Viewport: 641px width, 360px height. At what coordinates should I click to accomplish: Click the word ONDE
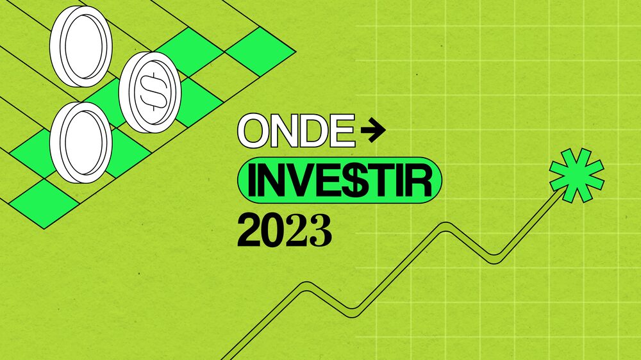pos(296,132)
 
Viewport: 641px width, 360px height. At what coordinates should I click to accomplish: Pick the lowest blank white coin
pos(81,143)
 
